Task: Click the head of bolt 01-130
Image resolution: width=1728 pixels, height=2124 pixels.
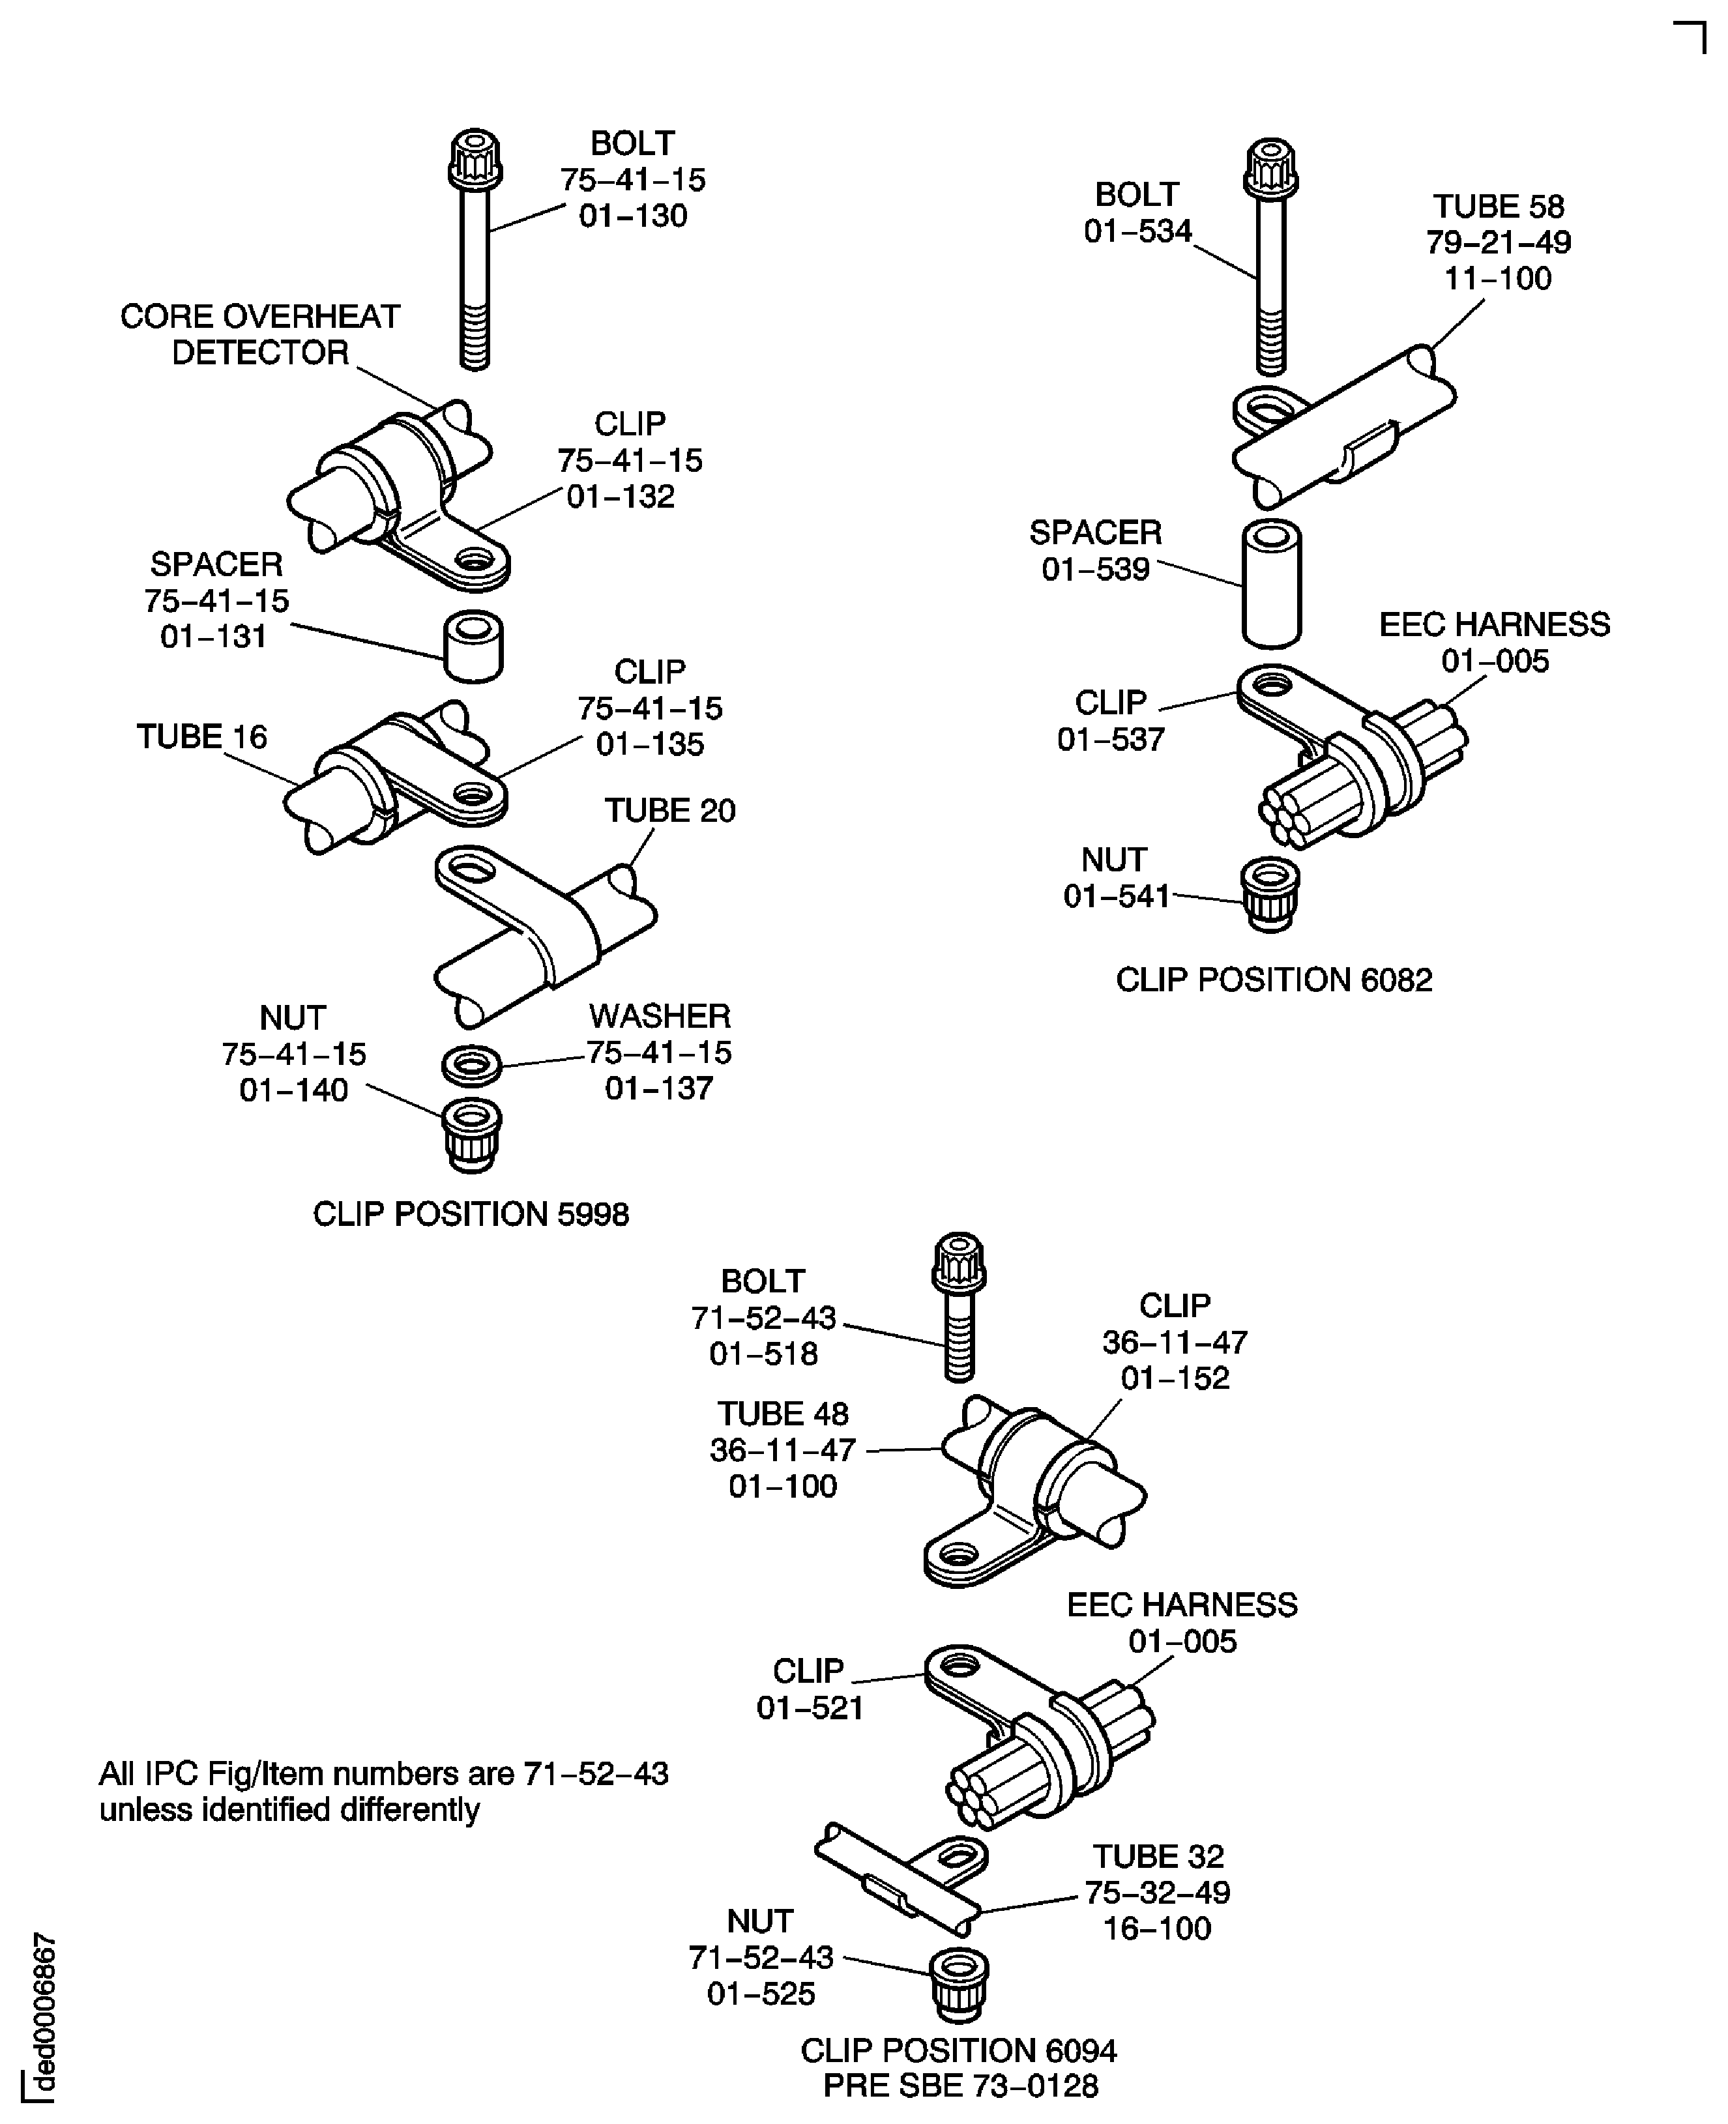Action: click(x=475, y=158)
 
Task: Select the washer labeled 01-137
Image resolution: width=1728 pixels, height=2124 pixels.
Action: click(x=472, y=1065)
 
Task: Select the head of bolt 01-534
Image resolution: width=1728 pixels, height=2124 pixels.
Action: click(x=1270, y=169)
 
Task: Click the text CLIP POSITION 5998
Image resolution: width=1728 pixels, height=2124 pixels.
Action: click(x=471, y=1214)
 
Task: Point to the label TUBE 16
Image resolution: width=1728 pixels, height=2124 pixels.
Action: click(x=202, y=736)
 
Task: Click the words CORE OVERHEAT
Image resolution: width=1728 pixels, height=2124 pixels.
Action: click(x=260, y=317)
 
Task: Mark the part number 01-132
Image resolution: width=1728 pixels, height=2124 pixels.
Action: click(x=620, y=496)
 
